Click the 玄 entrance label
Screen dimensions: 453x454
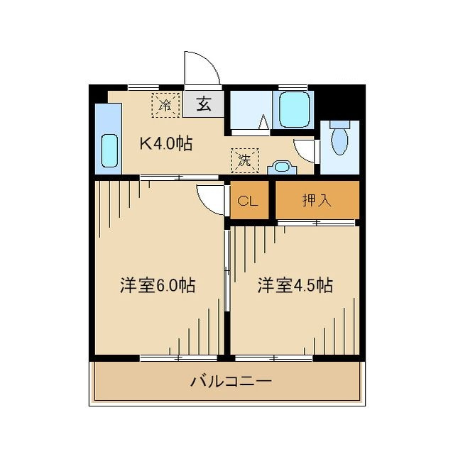coord(204,104)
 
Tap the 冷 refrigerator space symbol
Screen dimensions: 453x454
coord(165,105)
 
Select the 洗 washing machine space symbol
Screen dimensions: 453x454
coord(245,160)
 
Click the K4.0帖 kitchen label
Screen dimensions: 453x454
coord(166,143)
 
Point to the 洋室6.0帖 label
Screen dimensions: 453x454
coord(158,285)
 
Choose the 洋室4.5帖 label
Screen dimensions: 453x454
coord(295,285)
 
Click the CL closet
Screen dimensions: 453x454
coord(249,200)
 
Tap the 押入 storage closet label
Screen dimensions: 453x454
coord(317,200)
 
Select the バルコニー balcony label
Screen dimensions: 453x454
coord(231,382)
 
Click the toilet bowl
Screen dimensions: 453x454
coord(339,141)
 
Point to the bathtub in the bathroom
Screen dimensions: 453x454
coord(293,109)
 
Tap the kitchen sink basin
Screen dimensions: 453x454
coord(110,151)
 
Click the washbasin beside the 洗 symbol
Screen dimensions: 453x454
coord(282,167)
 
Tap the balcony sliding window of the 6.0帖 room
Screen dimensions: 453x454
coord(179,358)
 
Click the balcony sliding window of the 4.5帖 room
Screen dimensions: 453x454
coord(273,358)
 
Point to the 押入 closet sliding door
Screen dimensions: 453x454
coord(316,223)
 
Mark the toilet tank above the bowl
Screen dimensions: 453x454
coord(340,124)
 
